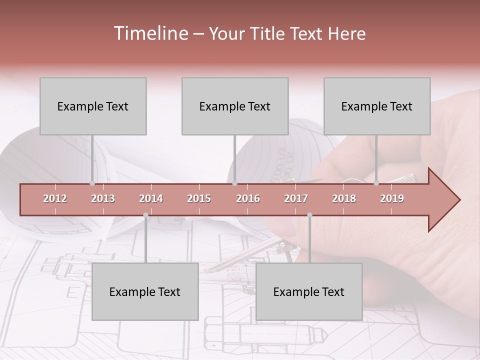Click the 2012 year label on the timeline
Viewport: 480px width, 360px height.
pyautogui.click(x=55, y=198)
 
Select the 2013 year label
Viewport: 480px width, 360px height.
pyautogui.click(x=103, y=198)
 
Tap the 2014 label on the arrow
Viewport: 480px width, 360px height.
pyautogui.click(x=151, y=198)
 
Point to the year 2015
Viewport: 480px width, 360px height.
pyautogui.click(x=199, y=198)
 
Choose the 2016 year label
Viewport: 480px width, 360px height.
pyautogui.click(x=248, y=198)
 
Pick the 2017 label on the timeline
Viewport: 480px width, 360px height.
pyautogui.click(x=296, y=198)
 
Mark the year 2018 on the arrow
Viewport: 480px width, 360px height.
pyautogui.click(x=344, y=198)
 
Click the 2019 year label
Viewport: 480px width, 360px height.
pyautogui.click(x=392, y=198)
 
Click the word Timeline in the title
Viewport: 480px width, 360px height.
pyautogui.click(x=150, y=33)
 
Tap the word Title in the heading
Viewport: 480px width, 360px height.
pyautogui.click(x=269, y=34)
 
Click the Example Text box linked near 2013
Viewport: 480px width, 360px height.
pyautogui.click(x=93, y=106)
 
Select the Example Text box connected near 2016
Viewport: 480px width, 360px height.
pyautogui.click(x=235, y=106)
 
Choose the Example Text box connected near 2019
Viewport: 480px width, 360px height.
pyautogui.click(x=377, y=106)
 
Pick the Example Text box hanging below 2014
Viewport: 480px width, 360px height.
pyautogui.click(x=145, y=291)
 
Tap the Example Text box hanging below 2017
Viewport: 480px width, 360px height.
pyautogui.click(x=309, y=291)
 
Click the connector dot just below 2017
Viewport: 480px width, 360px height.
pyautogui.click(x=309, y=215)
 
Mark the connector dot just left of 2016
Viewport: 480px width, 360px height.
pyautogui.click(x=235, y=183)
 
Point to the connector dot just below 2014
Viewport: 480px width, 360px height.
pyautogui.click(x=145, y=215)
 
